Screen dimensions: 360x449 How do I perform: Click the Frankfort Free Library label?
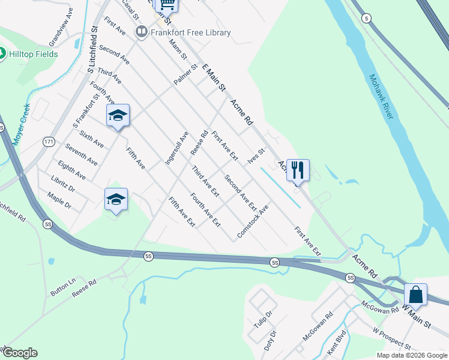pyautogui.click(x=190, y=32)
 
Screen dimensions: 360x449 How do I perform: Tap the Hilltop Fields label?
pyautogui.click(x=34, y=54)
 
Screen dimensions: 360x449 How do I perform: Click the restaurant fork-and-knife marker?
pyautogui.click(x=298, y=170)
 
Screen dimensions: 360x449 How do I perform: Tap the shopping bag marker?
pyautogui.click(x=415, y=295)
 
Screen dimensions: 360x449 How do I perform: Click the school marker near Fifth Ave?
pyautogui.click(x=118, y=116)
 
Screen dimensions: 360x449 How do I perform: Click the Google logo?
pyautogui.click(x=20, y=353)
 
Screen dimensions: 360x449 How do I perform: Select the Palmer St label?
pyautogui.click(x=185, y=77)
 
